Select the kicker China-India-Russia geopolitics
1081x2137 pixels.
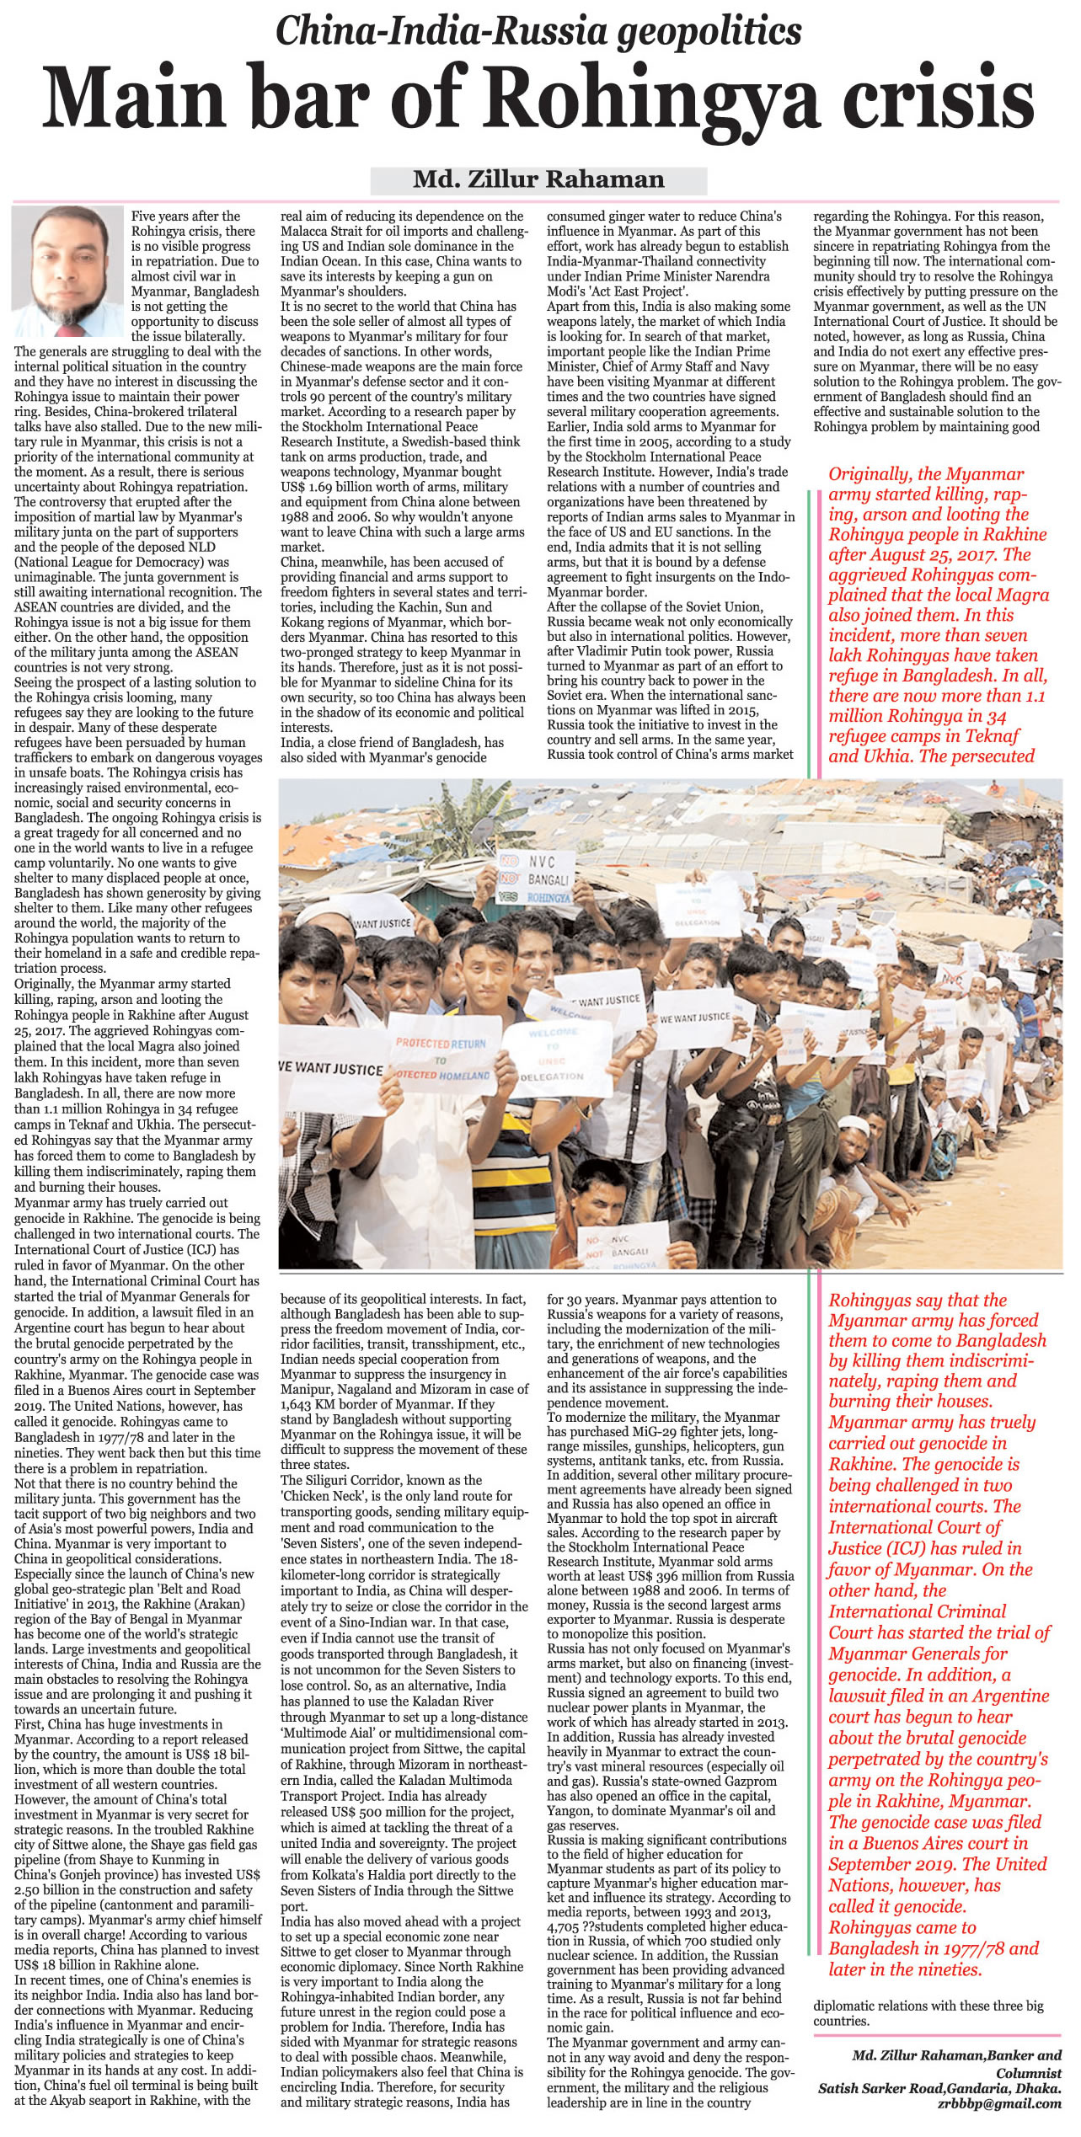[539, 32]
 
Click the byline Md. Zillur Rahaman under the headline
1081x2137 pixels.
[538, 179]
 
